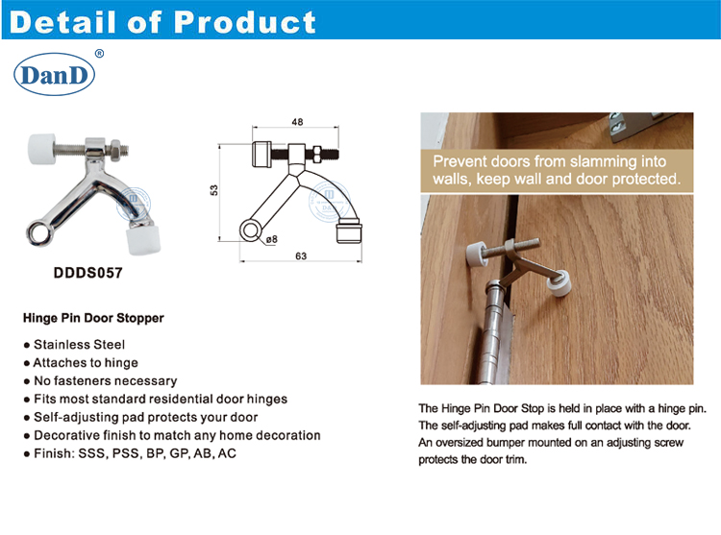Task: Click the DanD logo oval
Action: tap(55, 74)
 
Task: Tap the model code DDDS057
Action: tap(87, 272)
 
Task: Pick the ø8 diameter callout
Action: tap(271, 238)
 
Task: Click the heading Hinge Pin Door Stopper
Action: tap(92, 317)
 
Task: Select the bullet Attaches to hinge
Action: tap(86, 362)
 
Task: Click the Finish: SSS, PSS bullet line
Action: tap(135, 453)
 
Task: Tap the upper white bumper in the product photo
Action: tap(41, 151)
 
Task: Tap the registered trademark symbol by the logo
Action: tap(100, 55)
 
